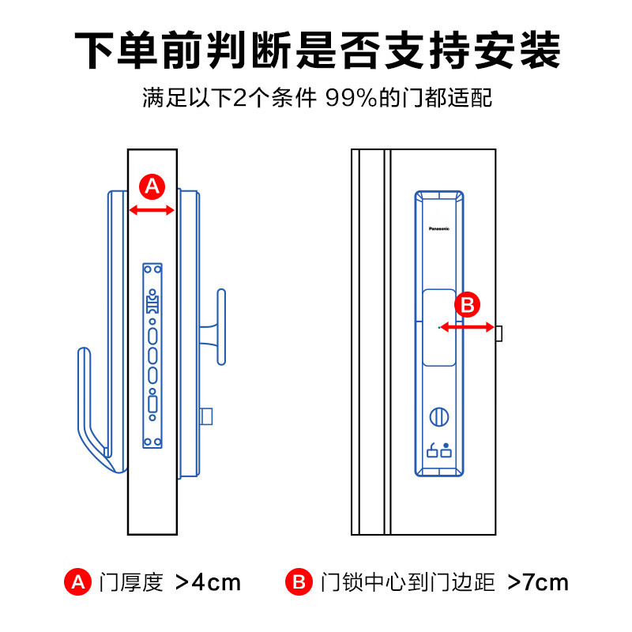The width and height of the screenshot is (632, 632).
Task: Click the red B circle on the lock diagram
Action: (467, 304)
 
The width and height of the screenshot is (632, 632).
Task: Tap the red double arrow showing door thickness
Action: (152, 210)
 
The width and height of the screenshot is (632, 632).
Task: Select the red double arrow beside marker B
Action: (467, 326)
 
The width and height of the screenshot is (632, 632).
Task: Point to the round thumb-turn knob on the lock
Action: (438, 416)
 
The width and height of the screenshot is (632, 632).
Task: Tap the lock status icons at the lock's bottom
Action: (438, 452)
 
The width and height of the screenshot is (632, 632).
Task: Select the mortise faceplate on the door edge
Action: (152, 355)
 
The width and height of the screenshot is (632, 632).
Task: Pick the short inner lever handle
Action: (221, 325)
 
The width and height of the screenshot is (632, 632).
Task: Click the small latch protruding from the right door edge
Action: (498, 333)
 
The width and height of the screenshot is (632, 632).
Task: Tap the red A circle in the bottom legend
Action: (77, 583)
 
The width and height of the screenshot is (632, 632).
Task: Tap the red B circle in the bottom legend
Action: (298, 583)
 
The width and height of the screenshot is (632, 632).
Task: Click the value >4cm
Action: (207, 583)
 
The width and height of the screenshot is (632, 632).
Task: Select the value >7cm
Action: (537, 583)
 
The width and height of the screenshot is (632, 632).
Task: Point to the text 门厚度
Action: (131, 583)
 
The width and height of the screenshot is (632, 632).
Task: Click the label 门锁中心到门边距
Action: (408, 583)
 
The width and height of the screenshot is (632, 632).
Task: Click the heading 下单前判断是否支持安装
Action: (316, 51)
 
